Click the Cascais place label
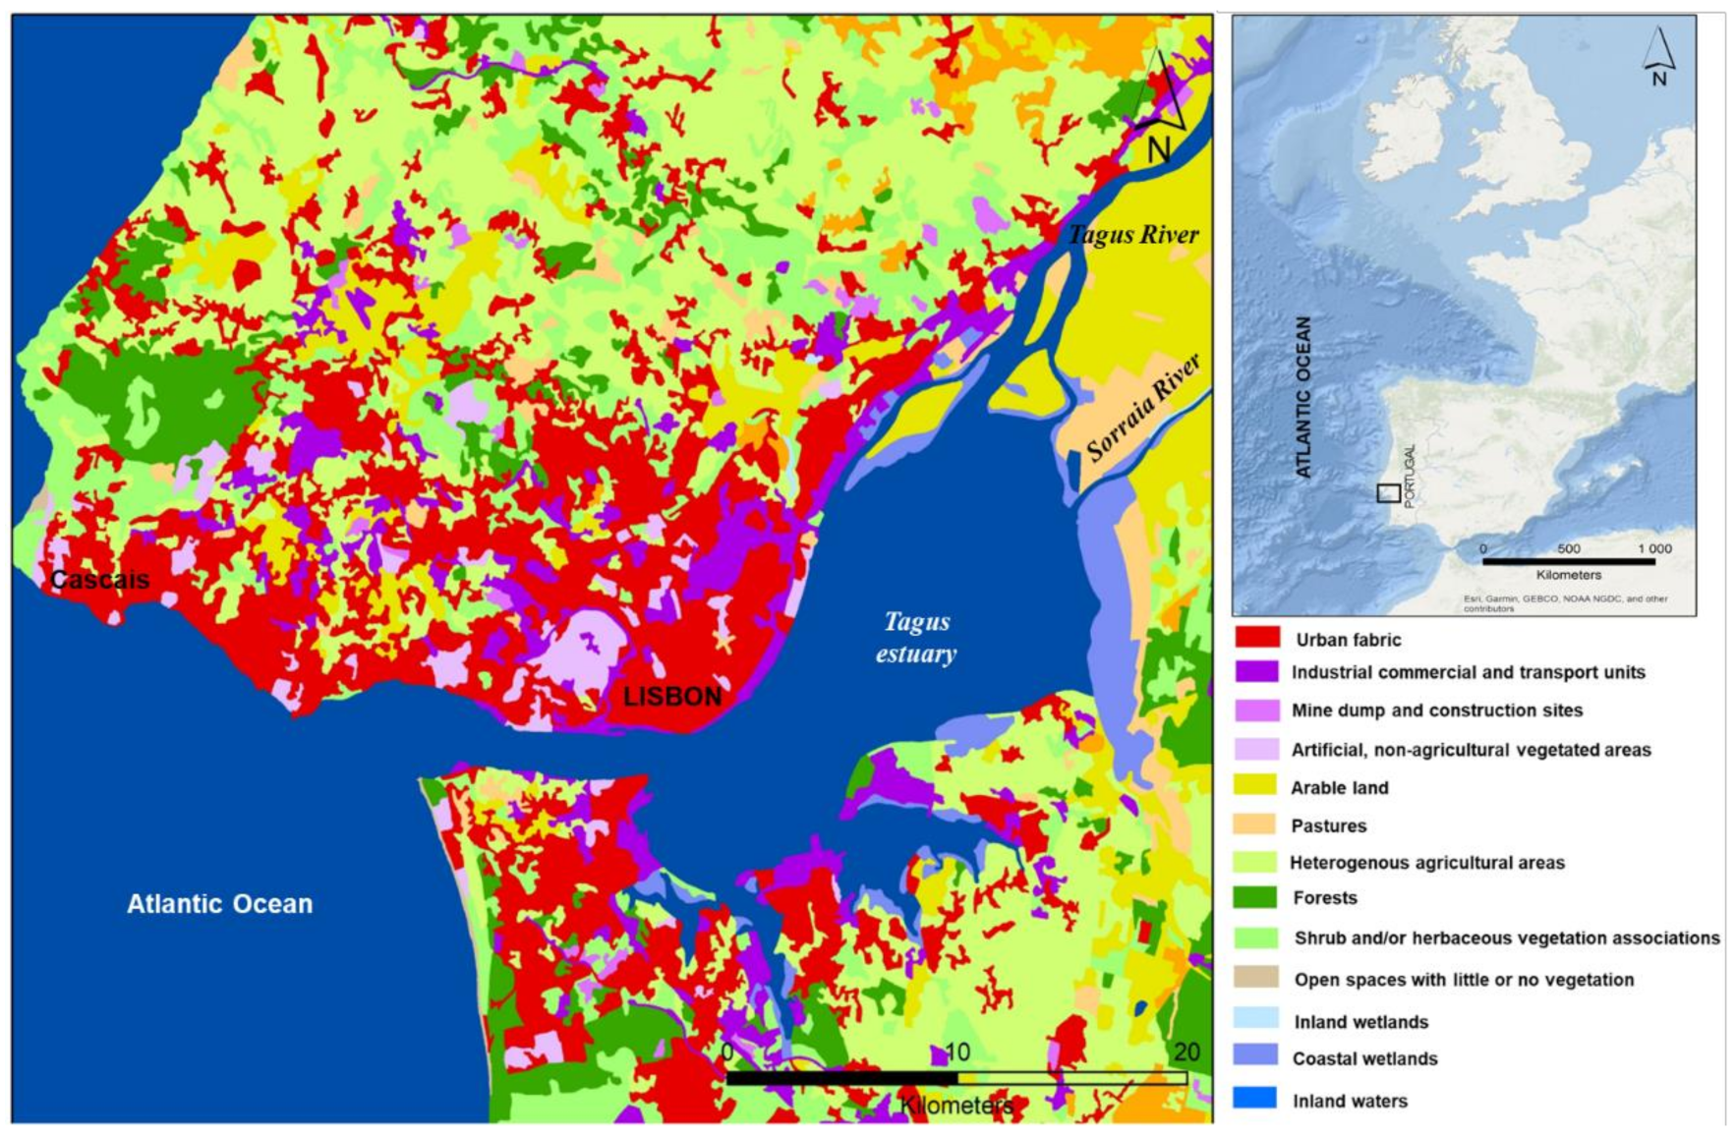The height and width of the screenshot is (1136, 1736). [x=99, y=580]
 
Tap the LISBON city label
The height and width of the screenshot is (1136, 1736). [x=672, y=697]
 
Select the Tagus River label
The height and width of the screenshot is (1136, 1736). [x=1132, y=235]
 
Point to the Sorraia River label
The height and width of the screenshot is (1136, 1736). [x=1143, y=407]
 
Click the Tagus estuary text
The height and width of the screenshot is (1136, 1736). [x=916, y=638]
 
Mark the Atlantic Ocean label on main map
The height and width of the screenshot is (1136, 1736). [x=219, y=904]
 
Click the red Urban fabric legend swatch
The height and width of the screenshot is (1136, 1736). [x=1256, y=638]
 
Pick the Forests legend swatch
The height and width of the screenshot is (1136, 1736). [x=1256, y=897]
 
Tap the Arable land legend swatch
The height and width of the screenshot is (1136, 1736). [x=1256, y=785]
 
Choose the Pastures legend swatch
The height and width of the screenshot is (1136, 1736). [x=1256, y=824]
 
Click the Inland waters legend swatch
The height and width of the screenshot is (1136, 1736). [x=1256, y=1098]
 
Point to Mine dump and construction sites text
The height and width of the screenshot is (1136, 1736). [x=1436, y=710]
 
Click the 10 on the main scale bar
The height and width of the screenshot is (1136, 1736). [x=956, y=1052]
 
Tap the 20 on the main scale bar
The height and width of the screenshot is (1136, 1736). [x=1186, y=1052]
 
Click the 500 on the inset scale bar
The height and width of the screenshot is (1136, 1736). [x=1568, y=549]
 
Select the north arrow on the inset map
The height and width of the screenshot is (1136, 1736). [x=1658, y=57]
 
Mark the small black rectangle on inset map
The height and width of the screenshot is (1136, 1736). [x=1388, y=493]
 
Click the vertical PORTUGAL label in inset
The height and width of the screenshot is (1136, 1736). [x=1410, y=476]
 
